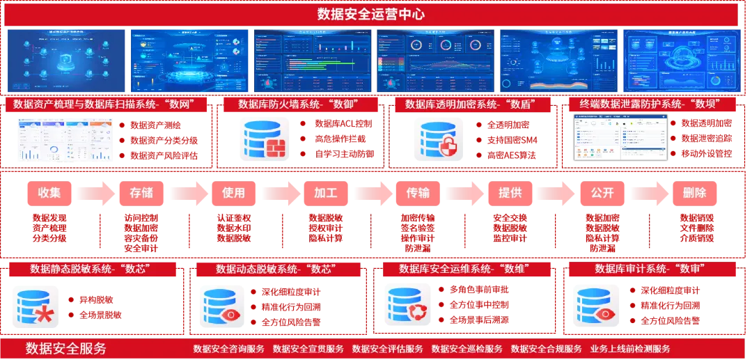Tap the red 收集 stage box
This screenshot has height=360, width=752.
[49, 193]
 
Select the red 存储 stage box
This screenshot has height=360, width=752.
[141, 193]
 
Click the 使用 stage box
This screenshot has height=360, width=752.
[233, 193]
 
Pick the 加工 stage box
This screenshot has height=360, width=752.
[326, 193]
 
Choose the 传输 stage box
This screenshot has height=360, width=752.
[418, 193]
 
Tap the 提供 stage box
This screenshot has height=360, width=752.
[510, 193]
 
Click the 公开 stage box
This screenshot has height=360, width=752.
[602, 193]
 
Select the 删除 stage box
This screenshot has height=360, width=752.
[694, 193]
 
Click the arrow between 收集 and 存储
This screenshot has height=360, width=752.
[95, 193]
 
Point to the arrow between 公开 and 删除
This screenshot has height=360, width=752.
[648, 193]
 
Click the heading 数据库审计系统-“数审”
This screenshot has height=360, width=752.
[648, 269]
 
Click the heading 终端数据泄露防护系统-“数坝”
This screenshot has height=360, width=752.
[658, 104]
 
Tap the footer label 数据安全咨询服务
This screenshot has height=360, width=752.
[228, 349]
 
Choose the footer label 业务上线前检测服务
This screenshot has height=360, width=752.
[630, 349]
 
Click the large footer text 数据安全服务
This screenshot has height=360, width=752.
[66, 348]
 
